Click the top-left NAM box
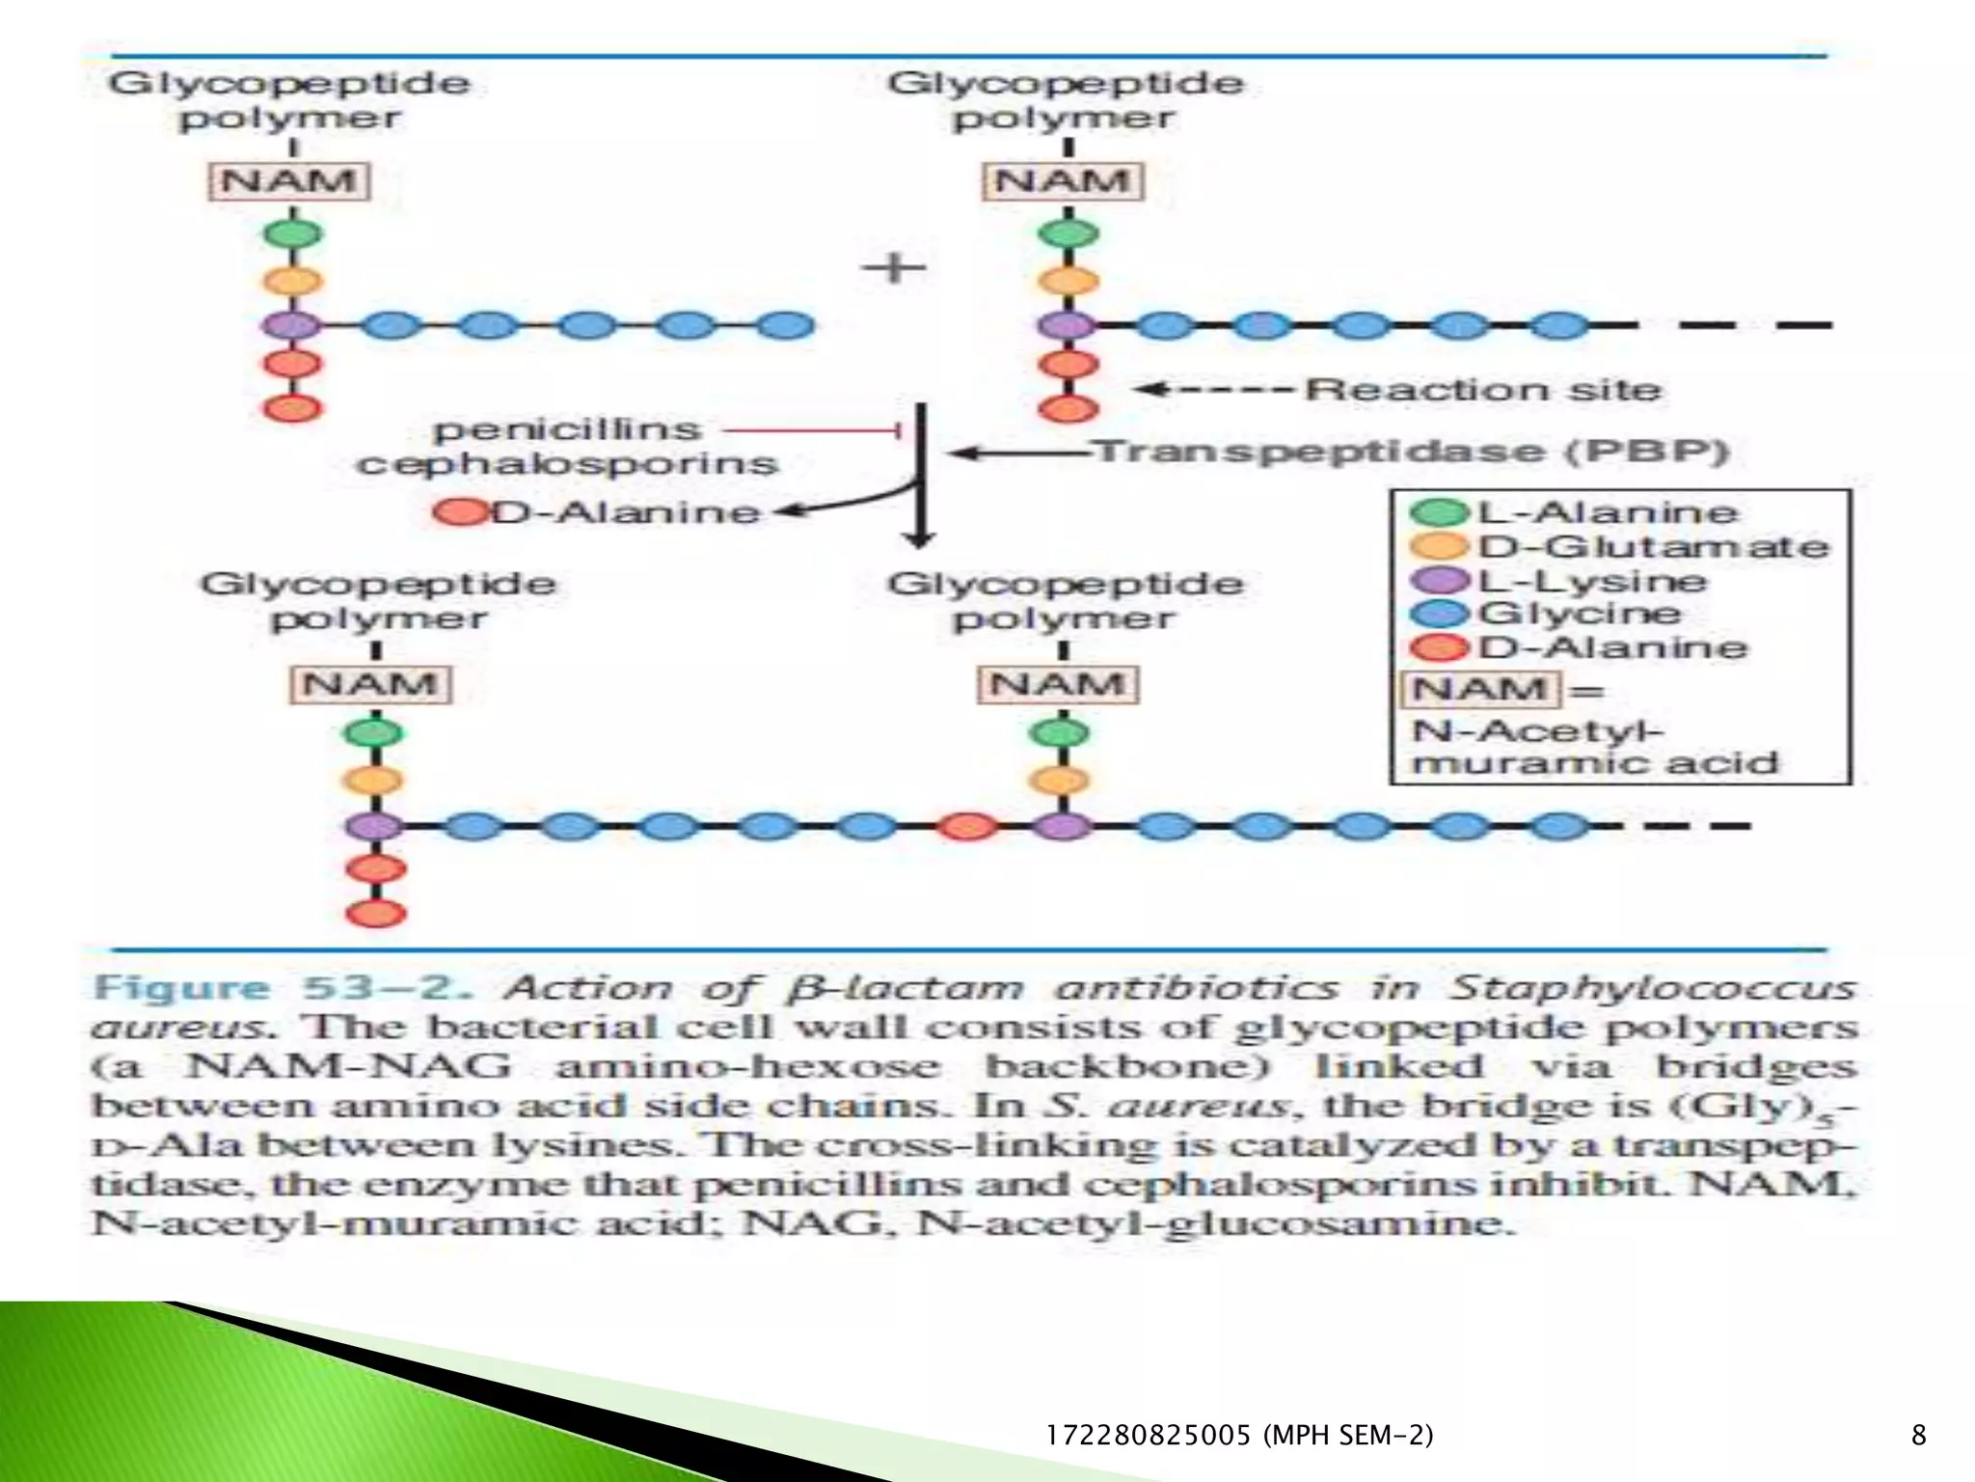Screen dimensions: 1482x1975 289,181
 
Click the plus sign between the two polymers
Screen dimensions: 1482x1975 894,267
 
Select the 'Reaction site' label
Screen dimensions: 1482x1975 1483,390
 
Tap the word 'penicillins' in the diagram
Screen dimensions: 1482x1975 567,429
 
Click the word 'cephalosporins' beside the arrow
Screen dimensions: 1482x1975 567,464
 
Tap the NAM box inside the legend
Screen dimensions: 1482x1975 1479,690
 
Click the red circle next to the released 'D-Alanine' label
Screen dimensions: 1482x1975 460,512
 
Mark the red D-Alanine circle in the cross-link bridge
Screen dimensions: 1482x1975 967,826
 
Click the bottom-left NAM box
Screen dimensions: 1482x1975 370,685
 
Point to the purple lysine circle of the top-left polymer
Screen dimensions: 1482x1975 293,325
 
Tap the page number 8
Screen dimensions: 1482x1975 1918,1435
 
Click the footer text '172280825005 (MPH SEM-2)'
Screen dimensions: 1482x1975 1239,1435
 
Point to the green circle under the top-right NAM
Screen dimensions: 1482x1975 1068,233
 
